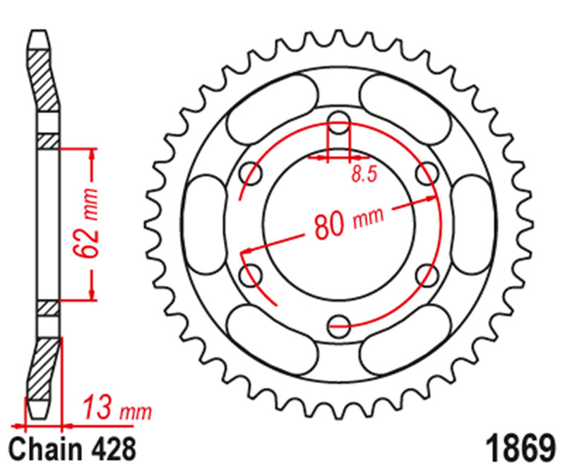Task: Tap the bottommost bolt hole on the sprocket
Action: [x=340, y=326]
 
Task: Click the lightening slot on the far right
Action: [x=472, y=223]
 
